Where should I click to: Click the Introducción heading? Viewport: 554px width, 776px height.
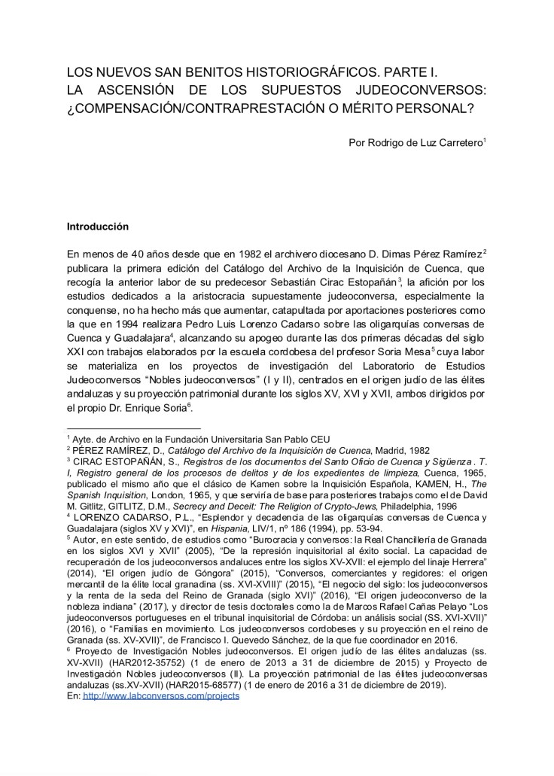[x=98, y=226]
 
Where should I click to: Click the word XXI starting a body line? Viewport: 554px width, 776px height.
[x=78, y=370]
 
